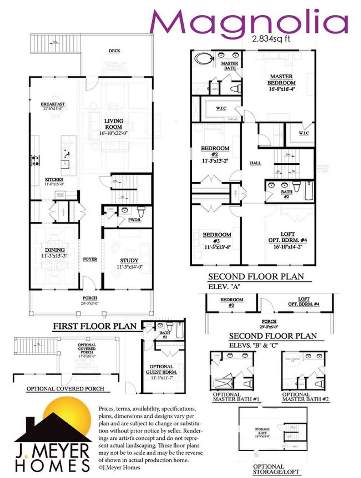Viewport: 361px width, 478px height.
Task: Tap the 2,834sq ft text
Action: tap(271, 39)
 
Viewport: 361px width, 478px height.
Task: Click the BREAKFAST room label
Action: tap(53, 104)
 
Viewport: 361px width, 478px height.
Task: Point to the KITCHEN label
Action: tap(54, 179)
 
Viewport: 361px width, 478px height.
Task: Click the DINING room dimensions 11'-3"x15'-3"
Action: tap(54, 256)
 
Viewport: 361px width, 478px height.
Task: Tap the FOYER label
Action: tap(90, 259)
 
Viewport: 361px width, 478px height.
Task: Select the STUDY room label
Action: tap(129, 260)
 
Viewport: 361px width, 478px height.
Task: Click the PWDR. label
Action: tap(135, 220)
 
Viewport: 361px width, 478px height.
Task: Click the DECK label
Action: tap(115, 51)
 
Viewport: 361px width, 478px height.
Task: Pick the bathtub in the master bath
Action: tap(204, 59)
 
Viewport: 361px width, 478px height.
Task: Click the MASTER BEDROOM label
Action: tap(281, 80)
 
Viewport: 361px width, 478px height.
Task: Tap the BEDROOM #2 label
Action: tap(215, 151)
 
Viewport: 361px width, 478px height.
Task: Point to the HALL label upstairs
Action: tap(255, 163)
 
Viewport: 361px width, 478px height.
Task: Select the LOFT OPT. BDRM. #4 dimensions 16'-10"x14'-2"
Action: tap(288, 247)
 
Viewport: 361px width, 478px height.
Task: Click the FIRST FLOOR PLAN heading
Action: tap(95, 326)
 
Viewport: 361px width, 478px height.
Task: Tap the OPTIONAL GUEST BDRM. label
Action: tap(161, 369)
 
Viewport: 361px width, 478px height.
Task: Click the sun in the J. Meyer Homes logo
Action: tap(71, 415)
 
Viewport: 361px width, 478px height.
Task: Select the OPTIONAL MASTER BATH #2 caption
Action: tap(305, 397)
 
